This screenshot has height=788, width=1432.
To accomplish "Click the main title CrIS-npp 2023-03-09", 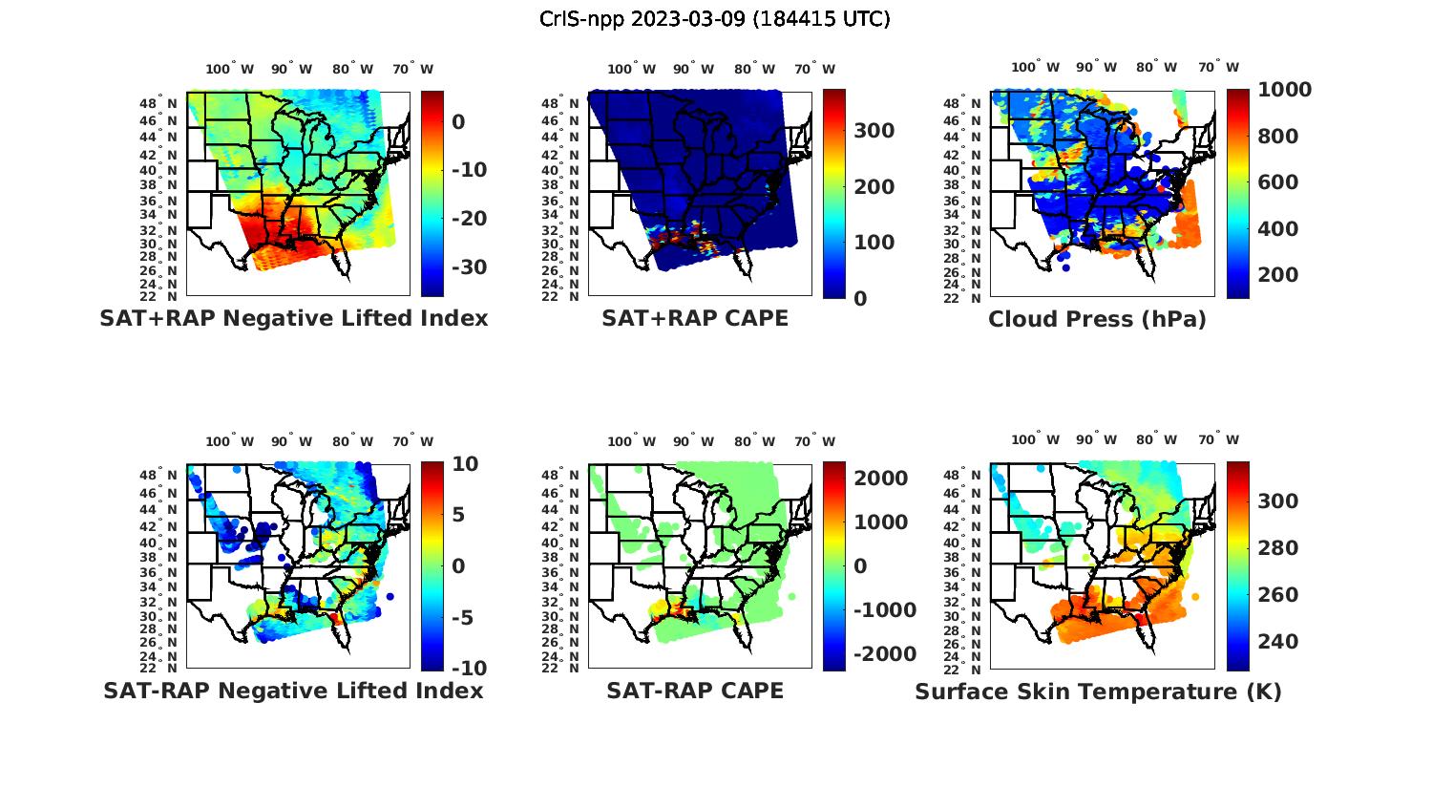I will (714, 19).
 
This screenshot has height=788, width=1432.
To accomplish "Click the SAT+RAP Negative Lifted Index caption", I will (294, 318).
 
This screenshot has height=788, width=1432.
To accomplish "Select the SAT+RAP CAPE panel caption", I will (695, 318).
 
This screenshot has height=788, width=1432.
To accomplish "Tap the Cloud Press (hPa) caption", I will (1097, 319).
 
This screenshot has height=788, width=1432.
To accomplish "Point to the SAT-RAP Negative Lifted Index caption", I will (293, 691).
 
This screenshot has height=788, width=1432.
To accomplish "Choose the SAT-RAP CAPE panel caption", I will (695, 691).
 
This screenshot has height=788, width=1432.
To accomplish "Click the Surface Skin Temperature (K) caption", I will (1098, 692).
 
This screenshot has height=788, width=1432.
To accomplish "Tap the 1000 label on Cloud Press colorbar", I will (1284, 90).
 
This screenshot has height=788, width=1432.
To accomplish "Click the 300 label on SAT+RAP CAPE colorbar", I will (874, 131).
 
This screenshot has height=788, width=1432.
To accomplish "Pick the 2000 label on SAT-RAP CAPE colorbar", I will (881, 478).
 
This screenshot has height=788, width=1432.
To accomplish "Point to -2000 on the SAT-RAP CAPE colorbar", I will (885, 654).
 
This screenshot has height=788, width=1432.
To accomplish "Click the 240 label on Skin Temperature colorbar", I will (1277, 641).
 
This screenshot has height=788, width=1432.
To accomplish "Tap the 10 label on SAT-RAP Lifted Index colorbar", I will (465, 464).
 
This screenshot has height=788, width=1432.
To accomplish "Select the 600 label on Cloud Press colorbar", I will (1277, 182).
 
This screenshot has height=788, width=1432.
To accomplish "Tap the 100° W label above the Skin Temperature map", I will (1035, 440).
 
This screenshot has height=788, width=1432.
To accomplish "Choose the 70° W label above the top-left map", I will (412, 69).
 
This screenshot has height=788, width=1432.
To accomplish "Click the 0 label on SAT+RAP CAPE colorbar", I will (860, 298).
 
